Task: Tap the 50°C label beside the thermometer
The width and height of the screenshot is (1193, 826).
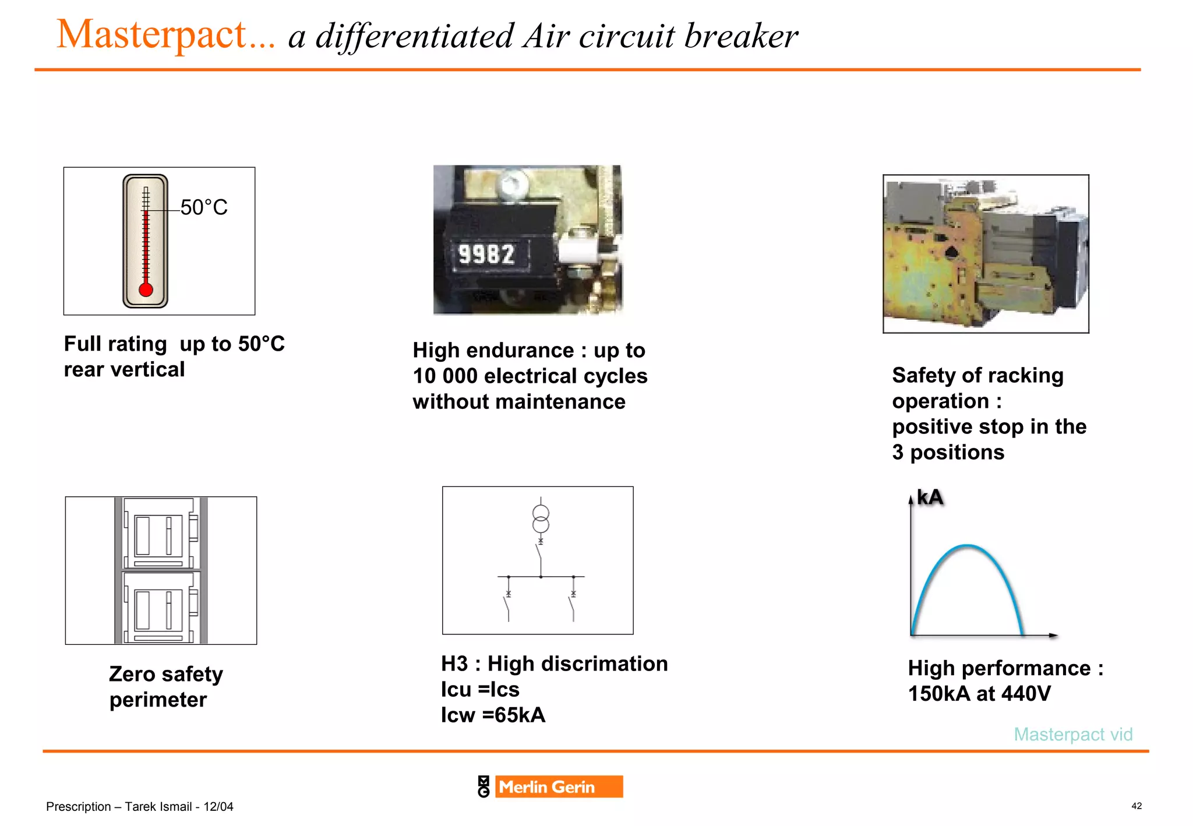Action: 203,207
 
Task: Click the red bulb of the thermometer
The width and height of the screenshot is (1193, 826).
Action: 146,289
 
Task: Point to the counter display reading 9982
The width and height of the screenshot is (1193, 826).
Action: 487,255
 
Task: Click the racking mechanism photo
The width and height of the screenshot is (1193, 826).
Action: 985,254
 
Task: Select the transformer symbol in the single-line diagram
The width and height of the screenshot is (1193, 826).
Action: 541,519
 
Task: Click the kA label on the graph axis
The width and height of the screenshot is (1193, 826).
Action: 930,497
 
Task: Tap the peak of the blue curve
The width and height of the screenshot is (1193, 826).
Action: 968,546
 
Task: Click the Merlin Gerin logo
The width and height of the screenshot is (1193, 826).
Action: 550,786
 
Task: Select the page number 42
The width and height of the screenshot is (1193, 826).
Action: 1136,806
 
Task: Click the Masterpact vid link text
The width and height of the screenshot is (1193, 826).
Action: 1073,734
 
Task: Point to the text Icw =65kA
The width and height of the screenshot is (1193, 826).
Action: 493,715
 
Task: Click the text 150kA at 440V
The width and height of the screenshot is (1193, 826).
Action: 979,694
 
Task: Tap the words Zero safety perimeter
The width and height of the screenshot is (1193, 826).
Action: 165,686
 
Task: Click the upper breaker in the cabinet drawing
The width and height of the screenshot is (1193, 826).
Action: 158,533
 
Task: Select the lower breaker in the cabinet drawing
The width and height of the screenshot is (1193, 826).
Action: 158,608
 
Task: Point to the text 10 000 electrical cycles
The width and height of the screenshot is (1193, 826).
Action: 530,376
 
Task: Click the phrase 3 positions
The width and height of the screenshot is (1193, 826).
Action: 948,452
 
